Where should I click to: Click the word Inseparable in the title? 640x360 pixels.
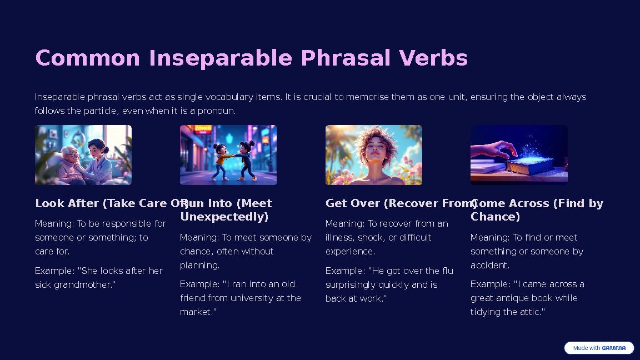click(x=221, y=58)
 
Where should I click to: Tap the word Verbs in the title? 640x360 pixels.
click(x=433, y=58)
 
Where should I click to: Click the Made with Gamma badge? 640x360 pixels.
click(x=599, y=348)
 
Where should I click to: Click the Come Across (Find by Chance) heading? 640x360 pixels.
click(x=537, y=209)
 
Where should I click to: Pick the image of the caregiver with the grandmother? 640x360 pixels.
click(x=83, y=155)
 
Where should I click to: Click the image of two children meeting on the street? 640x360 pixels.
click(x=228, y=155)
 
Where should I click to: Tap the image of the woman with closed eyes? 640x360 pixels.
click(x=374, y=155)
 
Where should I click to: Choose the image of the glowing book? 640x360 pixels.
click(x=519, y=155)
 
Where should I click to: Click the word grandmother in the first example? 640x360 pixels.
click(x=83, y=284)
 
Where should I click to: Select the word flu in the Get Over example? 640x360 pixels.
click(x=448, y=271)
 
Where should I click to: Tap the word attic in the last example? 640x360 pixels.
click(x=531, y=312)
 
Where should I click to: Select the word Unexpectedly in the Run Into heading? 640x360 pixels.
click(x=224, y=217)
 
